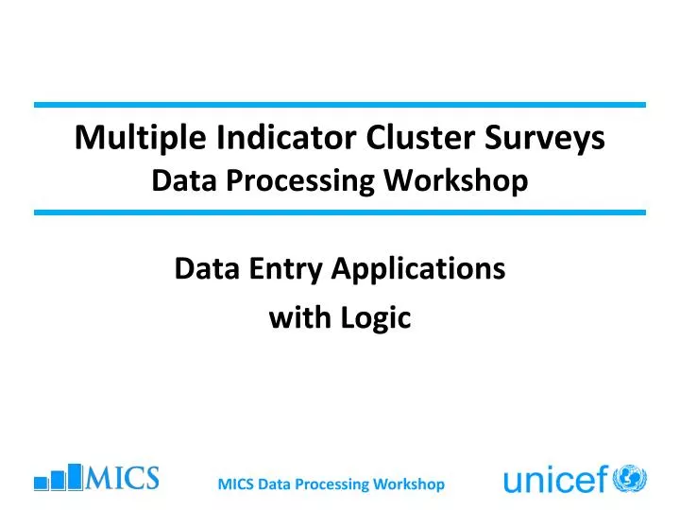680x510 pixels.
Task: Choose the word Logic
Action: (x=379, y=319)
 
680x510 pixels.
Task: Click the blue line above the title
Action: (x=340, y=104)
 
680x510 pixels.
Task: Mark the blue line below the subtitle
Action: (x=340, y=212)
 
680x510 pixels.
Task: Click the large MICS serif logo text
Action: (x=122, y=478)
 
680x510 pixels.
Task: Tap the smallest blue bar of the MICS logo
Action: (x=41, y=483)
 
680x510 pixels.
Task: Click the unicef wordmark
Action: (x=555, y=482)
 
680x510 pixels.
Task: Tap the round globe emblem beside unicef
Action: (x=629, y=479)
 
